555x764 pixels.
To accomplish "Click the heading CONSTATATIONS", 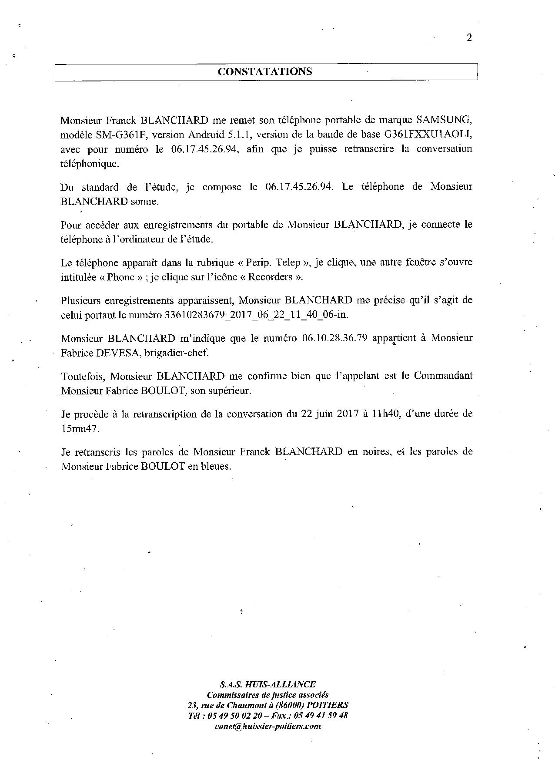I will coord(265,72).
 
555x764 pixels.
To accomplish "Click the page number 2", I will coord(469,37).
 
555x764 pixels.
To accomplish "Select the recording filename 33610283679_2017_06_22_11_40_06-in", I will coord(257,315).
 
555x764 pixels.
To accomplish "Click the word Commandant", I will coord(443,376).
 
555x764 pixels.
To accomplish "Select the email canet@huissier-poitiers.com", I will coord(267,727).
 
